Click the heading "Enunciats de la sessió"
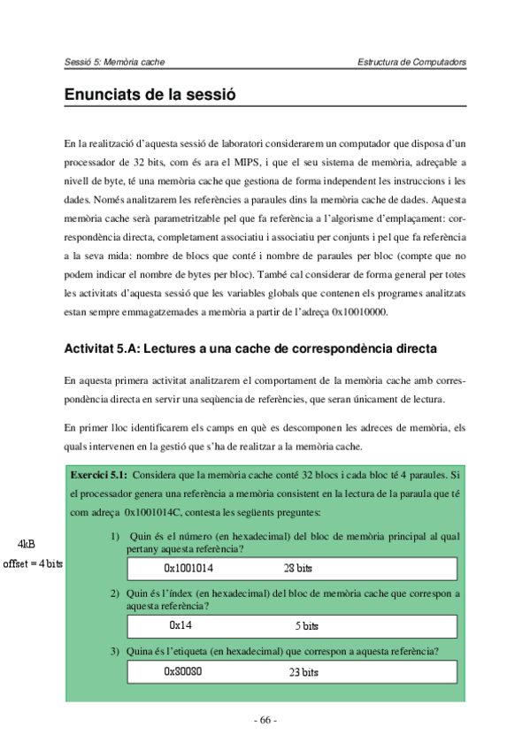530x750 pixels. coord(150,94)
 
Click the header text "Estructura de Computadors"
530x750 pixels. coord(411,62)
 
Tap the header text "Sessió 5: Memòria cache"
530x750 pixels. coord(115,62)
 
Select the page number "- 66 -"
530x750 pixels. coord(265,719)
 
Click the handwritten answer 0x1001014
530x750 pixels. coord(188,568)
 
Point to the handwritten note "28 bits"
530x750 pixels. coord(298,568)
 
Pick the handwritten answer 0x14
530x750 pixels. coord(181,625)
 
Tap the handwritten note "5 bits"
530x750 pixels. coord(306,626)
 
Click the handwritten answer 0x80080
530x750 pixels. coord(184,672)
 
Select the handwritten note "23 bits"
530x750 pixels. coord(303,672)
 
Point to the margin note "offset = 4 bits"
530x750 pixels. coord(33,563)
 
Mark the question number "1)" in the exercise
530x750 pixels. coord(115,535)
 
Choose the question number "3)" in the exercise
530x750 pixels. coord(115,652)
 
